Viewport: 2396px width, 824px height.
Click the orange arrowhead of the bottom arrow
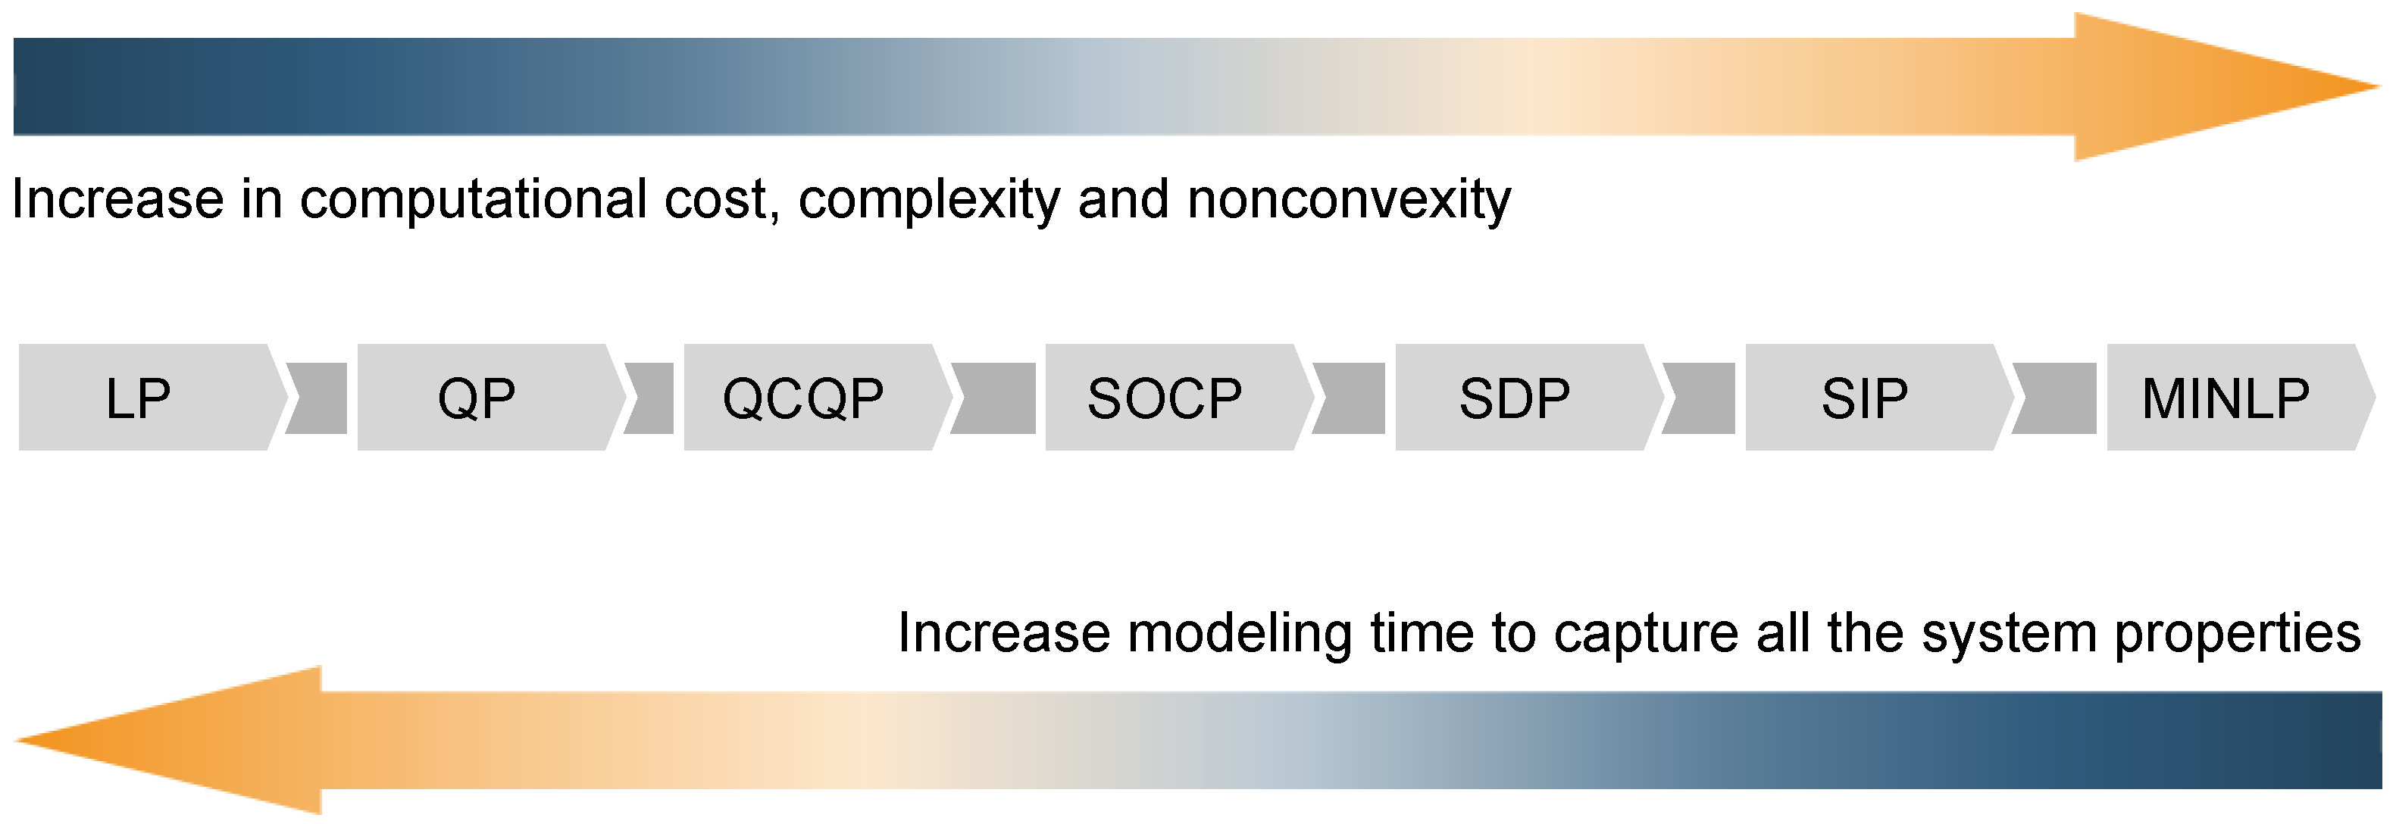(167, 740)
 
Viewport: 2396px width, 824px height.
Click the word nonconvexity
(1350, 200)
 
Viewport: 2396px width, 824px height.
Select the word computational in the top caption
(474, 200)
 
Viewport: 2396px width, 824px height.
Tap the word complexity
(929, 200)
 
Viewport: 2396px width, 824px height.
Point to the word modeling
(1240, 634)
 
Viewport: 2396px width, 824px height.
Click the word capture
(1645, 634)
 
